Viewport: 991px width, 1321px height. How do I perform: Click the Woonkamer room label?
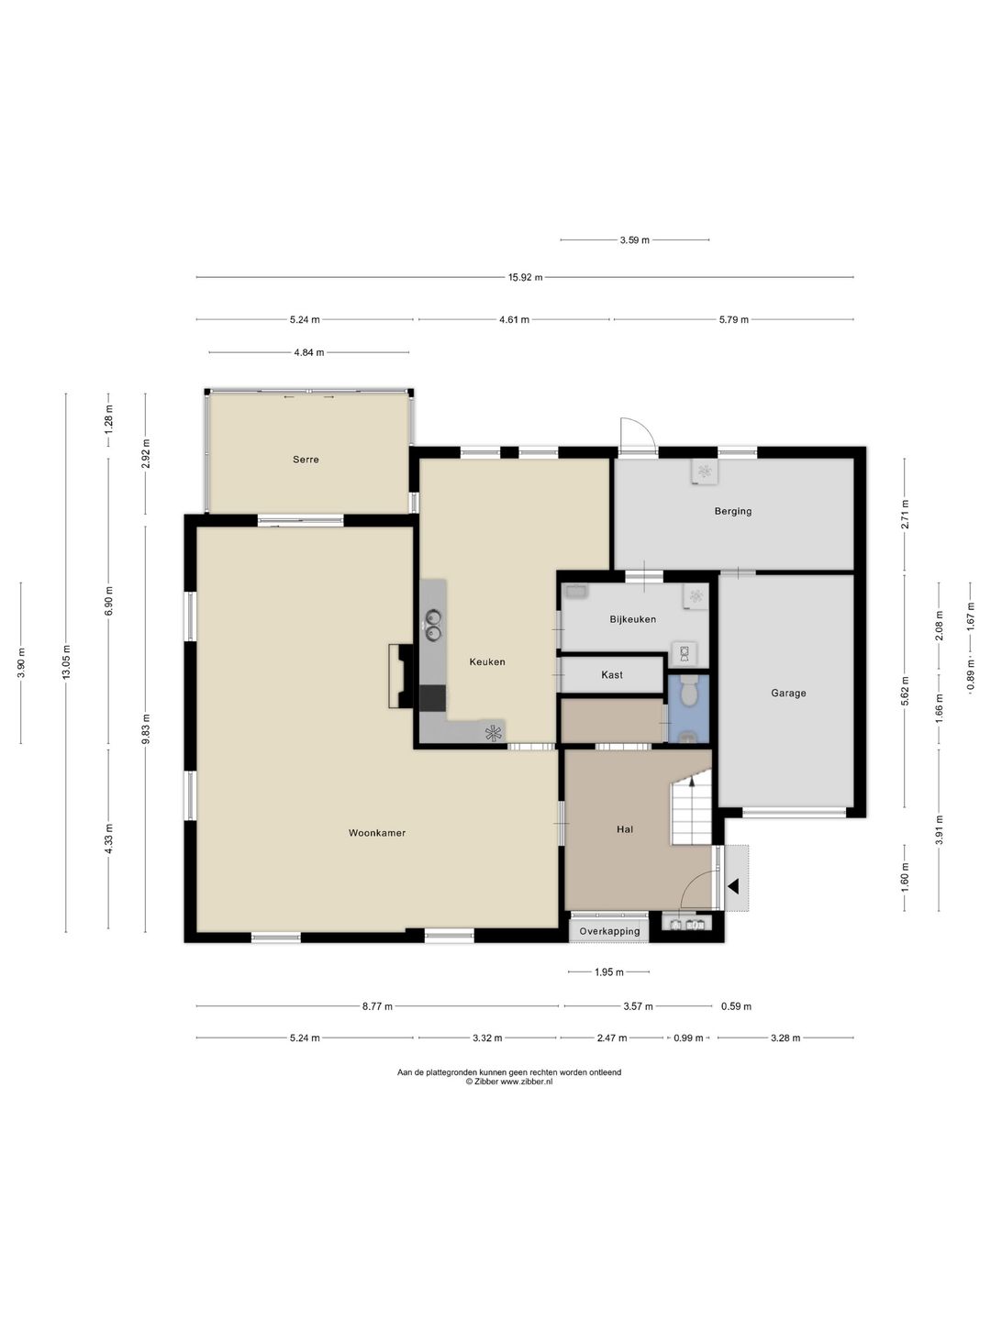click(x=376, y=833)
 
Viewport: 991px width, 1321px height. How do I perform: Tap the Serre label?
click(x=306, y=460)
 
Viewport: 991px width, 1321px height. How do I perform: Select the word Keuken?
click(x=487, y=662)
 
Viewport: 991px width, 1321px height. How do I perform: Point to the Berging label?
click(x=733, y=511)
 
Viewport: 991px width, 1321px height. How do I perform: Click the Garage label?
click(x=788, y=693)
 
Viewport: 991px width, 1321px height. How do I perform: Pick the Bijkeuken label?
click(x=632, y=618)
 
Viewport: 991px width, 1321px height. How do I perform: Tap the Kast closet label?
click(x=612, y=674)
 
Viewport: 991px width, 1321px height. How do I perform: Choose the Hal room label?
click(x=625, y=828)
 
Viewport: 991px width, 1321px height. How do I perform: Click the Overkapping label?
click(x=609, y=931)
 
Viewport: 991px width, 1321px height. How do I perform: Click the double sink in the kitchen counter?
click(x=433, y=625)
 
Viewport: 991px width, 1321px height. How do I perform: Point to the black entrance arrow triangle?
click(x=733, y=886)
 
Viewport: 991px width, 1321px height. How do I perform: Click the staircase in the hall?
click(x=692, y=810)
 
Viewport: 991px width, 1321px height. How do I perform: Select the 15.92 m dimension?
click(x=525, y=277)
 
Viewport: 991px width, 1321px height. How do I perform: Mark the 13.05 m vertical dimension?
click(x=66, y=662)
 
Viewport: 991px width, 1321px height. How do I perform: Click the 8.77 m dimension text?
click(x=377, y=1005)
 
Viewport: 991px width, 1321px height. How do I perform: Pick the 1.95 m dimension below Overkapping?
click(x=609, y=971)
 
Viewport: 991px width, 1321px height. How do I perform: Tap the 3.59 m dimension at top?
click(x=635, y=240)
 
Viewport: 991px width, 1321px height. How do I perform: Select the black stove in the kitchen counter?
click(x=432, y=698)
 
